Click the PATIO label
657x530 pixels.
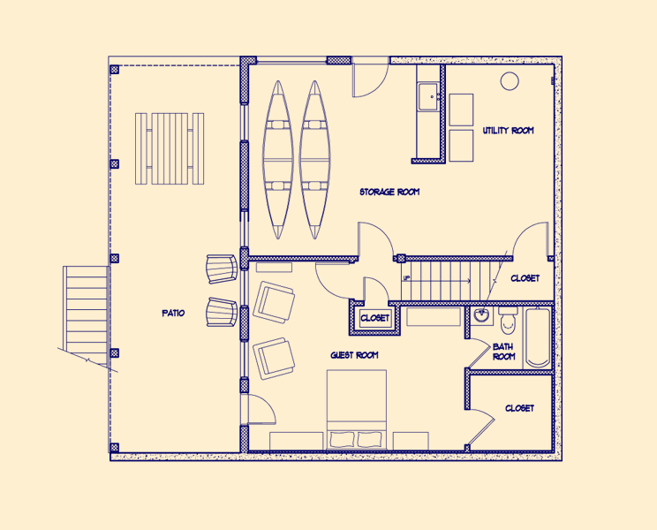coord(173,313)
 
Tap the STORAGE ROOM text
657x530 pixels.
coord(389,192)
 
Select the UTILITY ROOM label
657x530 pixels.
coord(509,131)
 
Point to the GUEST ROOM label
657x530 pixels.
coord(354,355)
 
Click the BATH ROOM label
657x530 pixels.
coord(503,352)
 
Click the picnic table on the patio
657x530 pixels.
coord(170,148)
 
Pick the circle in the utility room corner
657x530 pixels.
coord(510,81)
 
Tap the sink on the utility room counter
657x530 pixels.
coord(428,97)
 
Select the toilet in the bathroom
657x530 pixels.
coord(508,321)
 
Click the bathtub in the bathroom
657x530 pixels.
coord(538,337)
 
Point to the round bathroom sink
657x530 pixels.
coord(482,315)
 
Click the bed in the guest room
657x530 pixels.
coord(357,410)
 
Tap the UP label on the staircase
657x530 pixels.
coord(406,277)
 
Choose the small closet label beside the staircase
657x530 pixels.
coord(375,318)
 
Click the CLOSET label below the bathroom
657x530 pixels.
coord(519,408)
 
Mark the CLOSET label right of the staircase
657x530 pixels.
coord(525,278)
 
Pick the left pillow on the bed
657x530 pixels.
coord(342,440)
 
